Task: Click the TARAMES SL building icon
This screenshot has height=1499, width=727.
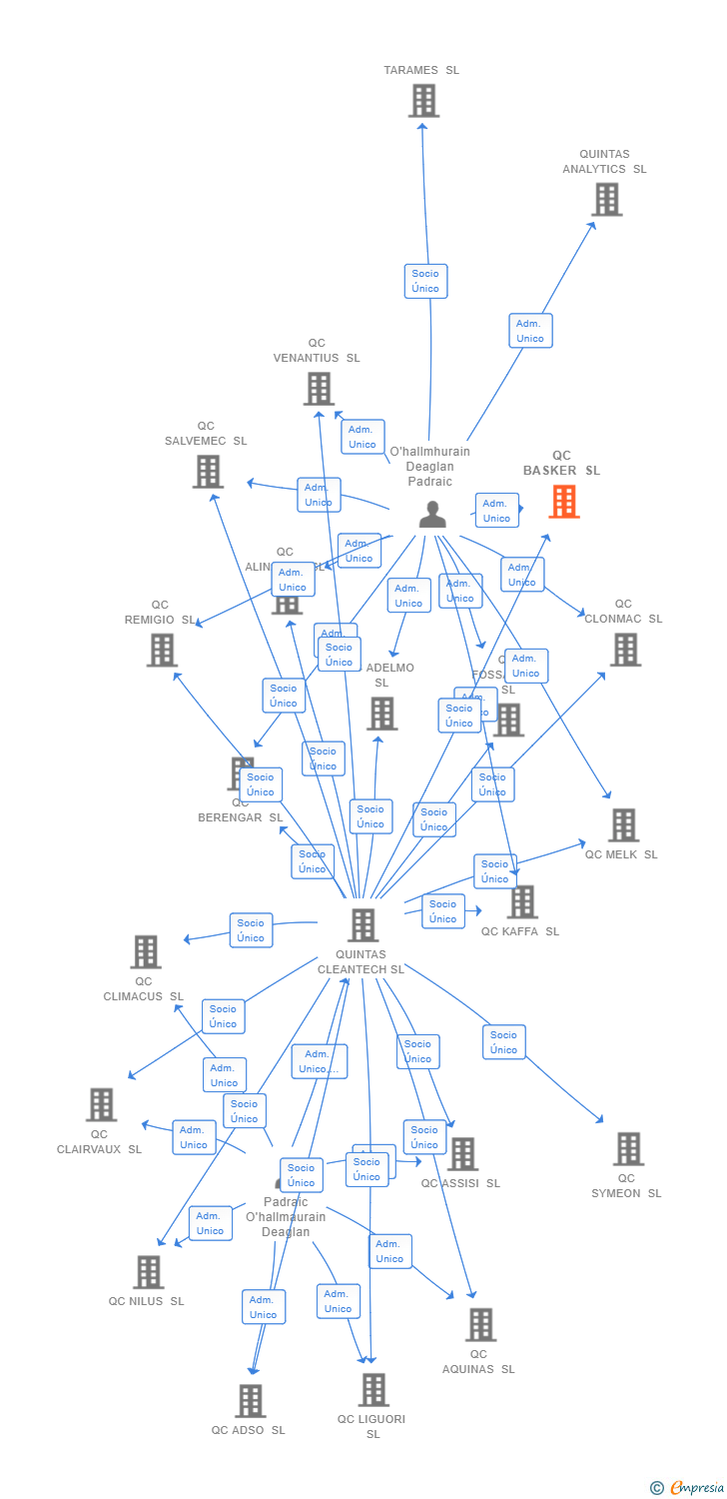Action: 424,101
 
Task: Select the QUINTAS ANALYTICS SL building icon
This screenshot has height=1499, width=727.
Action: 606,200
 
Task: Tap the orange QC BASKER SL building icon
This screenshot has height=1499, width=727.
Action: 564,502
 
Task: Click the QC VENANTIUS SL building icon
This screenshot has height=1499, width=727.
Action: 319,389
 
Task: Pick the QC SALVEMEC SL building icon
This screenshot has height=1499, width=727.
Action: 208,471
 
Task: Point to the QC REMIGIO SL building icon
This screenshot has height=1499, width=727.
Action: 162,650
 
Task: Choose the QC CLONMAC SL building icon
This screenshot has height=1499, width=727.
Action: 625,650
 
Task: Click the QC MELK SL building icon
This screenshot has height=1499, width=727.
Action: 623,825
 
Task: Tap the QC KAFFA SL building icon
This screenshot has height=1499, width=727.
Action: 521,901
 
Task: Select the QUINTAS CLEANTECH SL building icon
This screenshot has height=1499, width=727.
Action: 363,924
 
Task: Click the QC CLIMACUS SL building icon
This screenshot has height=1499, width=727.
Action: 146,951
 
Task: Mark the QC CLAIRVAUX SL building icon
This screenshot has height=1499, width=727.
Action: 101,1104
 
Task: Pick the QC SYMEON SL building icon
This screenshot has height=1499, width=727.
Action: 628,1149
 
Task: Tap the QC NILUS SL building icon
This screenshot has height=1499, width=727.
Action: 149,1272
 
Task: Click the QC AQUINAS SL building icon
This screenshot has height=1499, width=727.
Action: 480,1325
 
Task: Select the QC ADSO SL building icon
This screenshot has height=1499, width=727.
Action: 250,1401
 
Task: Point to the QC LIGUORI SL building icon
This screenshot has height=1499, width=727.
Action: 373,1389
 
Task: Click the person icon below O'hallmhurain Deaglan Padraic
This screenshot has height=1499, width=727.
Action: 432,514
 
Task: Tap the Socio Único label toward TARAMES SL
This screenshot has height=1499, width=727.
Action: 425,281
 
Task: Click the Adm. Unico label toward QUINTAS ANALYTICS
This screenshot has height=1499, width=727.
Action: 530,331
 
